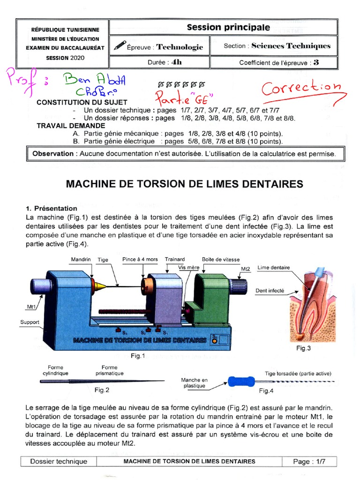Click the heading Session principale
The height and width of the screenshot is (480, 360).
tap(228, 27)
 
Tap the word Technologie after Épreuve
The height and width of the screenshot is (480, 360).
tap(180, 47)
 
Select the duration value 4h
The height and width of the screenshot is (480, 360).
tap(176, 62)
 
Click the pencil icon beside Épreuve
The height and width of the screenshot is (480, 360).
tap(120, 45)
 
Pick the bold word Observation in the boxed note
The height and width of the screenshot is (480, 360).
tap(53, 154)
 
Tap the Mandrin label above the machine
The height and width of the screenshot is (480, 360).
tap(81, 259)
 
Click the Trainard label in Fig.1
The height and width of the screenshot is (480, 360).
tap(174, 259)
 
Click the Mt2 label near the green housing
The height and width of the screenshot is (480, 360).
tap(245, 269)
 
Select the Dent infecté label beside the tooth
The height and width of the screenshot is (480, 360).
tap(270, 291)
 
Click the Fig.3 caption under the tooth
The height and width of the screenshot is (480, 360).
tap(304, 348)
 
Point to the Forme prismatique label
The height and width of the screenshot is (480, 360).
tap(109, 370)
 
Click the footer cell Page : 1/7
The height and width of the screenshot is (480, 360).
tap(309, 461)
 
